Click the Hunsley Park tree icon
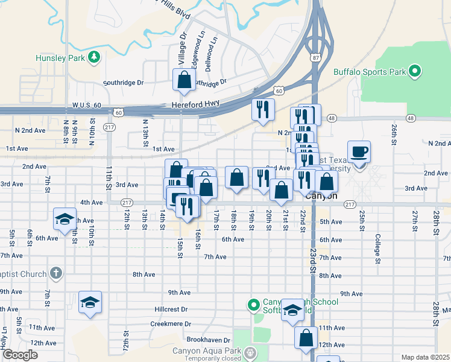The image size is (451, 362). (93, 57)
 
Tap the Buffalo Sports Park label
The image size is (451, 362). (370, 72)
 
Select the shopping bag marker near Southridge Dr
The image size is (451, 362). (183, 80)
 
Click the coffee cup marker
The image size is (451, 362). (359, 151)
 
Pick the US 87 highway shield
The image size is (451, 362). (315, 58)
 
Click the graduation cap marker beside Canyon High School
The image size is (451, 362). (292, 310)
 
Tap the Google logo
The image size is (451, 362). (20, 355)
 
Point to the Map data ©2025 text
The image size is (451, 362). (425, 357)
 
